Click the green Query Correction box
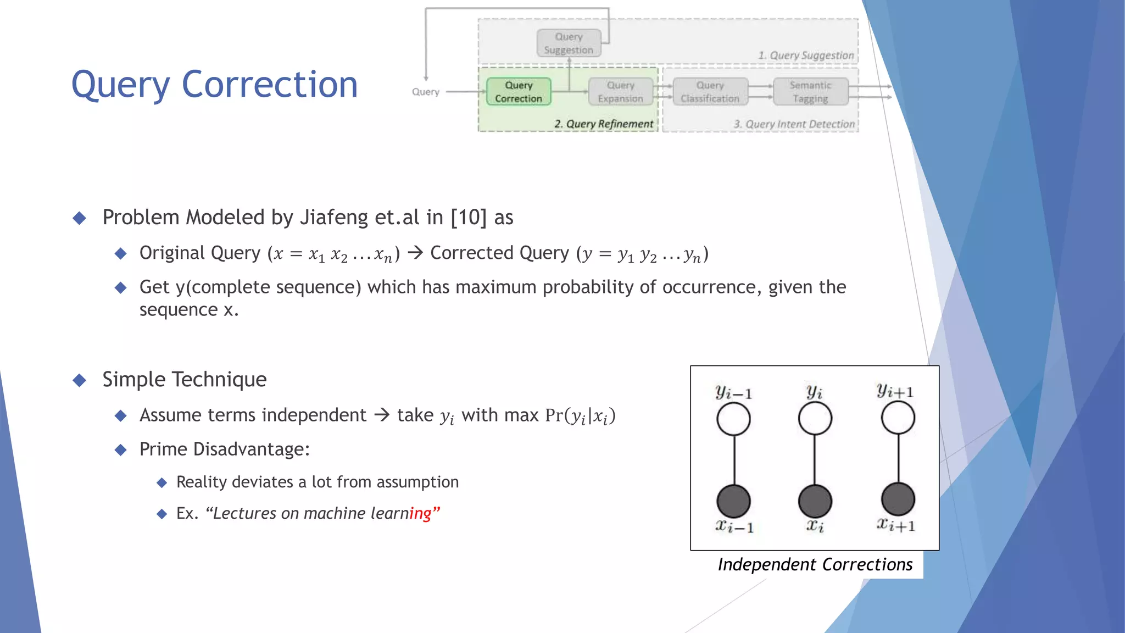tap(518, 92)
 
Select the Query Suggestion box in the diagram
tap(569, 43)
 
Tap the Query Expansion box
tap(620, 92)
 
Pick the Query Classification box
tap(710, 92)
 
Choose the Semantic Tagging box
tap(810, 92)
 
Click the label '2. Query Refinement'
tap(603, 124)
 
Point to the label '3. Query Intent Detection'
tap(794, 124)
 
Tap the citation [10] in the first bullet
tap(469, 218)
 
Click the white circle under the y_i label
tap(815, 419)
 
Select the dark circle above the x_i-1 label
tap(733, 501)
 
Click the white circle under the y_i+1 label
tap(898, 418)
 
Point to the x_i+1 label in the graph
tap(895, 525)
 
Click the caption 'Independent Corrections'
tap(815, 565)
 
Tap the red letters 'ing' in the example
tap(420, 514)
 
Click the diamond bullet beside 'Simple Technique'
tap(80, 380)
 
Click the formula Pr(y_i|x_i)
tap(580, 416)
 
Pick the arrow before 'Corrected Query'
tap(415, 253)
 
